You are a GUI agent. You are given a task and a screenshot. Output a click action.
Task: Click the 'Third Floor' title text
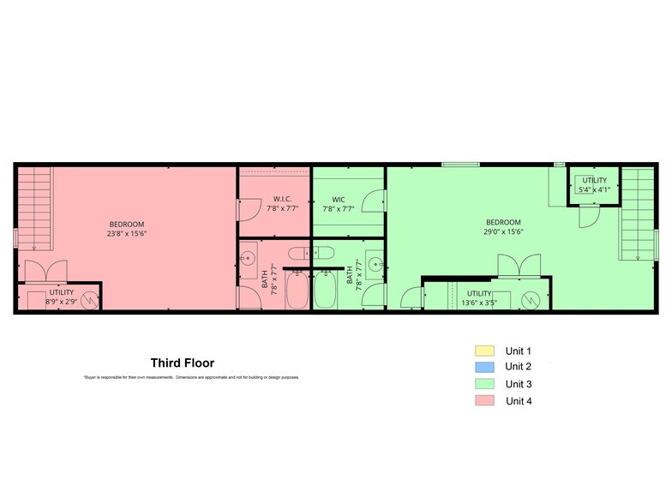point(183,363)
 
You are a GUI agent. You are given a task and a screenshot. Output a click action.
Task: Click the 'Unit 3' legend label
point(519,384)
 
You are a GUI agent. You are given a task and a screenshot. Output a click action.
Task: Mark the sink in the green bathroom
point(375,262)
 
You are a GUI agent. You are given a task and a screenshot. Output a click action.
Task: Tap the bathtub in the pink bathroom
point(297,290)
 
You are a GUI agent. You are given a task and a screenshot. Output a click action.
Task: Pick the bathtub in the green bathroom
point(327,290)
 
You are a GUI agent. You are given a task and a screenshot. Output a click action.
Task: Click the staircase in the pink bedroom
point(35,207)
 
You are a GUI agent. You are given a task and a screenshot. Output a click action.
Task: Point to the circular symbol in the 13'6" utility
point(531,300)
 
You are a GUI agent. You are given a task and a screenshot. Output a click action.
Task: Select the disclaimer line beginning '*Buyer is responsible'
point(191,377)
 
